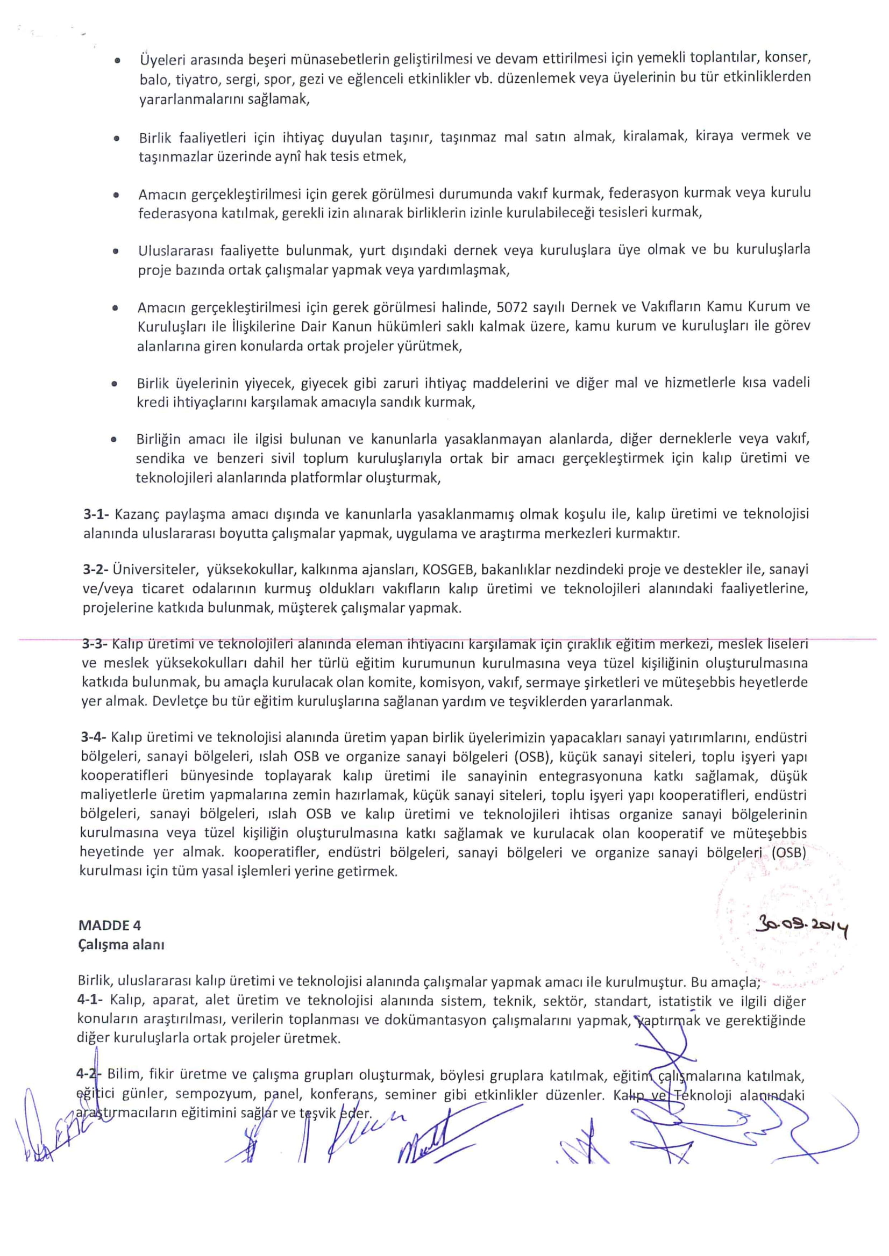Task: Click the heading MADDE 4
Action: [110, 925]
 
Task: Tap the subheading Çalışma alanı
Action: [121, 945]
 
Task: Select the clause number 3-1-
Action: [97, 514]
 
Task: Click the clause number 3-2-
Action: [96, 570]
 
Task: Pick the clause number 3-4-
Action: [94, 737]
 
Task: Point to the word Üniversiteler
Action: [155, 570]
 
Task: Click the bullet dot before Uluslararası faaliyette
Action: [116, 252]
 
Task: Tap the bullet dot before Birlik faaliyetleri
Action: [116, 139]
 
